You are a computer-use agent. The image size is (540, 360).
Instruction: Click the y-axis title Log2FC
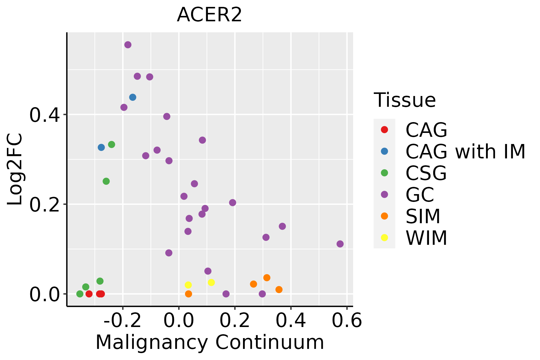pyautogui.click(x=15, y=169)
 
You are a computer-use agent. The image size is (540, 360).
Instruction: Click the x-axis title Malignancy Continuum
pyautogui.click(x=210, y=342)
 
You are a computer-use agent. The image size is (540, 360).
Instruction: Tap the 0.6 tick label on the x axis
pyautogui.click(x=347, y=320)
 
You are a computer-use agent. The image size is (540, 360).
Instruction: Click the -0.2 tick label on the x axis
pyautogui.click(x=122, y=320)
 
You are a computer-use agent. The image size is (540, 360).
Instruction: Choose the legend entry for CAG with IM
pyautogui.click(x=465, y=151)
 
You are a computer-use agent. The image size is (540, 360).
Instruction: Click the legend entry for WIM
pyautogui.click(x=426, y=238)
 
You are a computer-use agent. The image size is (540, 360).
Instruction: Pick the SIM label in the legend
pyautogui.click(x=423, y=216)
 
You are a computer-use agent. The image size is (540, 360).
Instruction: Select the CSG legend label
pyautogui.click(x=426, y=173)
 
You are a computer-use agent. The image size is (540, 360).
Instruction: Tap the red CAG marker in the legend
pyautogui.click(x=384, y=130)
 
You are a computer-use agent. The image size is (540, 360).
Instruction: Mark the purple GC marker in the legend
pyautogui.click(x=384, y=194)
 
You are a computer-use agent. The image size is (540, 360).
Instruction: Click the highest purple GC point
pyautogui.click(x=128, y=45)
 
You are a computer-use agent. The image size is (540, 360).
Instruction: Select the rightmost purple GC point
pyautogui.click(x=340, y=244)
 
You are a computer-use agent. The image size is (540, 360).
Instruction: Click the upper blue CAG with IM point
pyautogui.click(x=133, y=97)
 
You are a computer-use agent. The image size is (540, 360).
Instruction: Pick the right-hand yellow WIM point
pyautogui.click(x=211, y=282)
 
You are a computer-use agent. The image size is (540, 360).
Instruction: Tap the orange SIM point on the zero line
pyautogui.click(x=188, y=294)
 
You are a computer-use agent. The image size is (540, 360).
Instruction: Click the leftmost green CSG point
pyautogui.click(x=80, y=294)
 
